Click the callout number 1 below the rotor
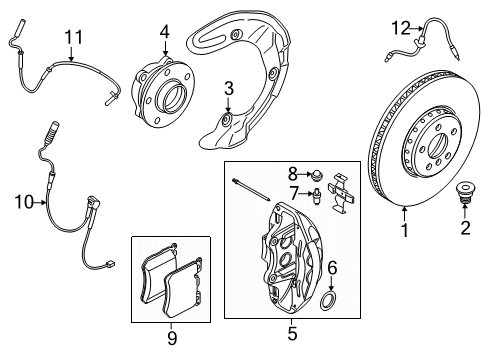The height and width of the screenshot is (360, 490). click(405, 230)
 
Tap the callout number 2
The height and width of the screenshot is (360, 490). click(465, 227)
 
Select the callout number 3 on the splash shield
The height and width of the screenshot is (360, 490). click(229, 88)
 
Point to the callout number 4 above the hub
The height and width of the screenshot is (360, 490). click(165, 32)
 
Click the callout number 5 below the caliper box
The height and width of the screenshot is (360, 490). click(292, 333)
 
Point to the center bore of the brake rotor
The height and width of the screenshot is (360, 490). click(438, 146)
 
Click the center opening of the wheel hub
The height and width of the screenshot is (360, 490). click(174, 97)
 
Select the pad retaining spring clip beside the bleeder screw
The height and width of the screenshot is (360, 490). click(341, 193)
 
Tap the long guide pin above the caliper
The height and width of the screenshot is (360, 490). click(251, 190)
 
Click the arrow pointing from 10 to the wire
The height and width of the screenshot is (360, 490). click(40, 202)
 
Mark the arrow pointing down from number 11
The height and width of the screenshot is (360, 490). click(71, 53)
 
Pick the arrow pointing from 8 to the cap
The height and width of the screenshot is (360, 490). click(304, 174)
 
